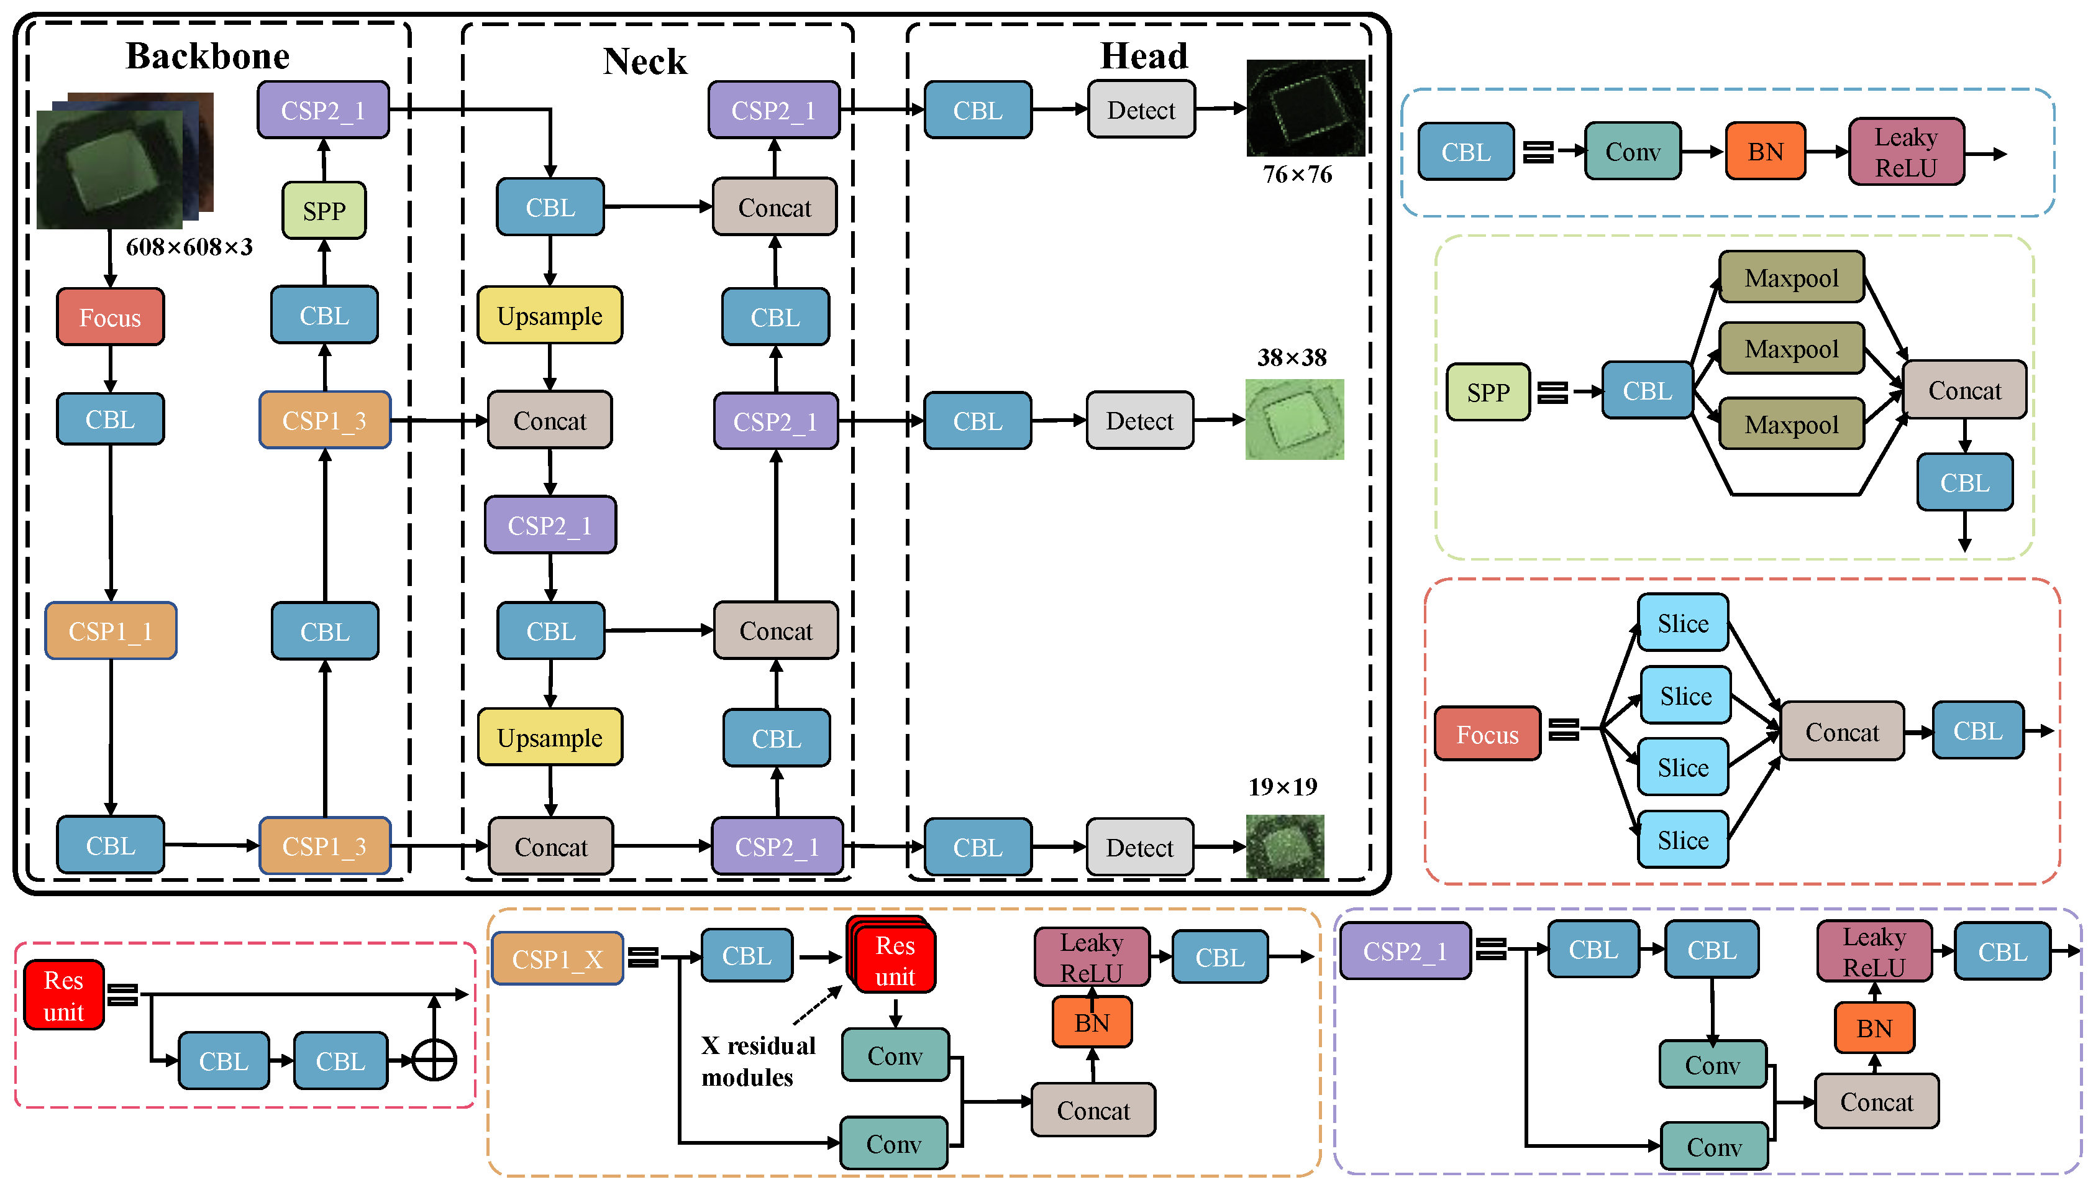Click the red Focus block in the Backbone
pyautogui.click(x=110, y=317)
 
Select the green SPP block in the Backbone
pyautogui.click(x=324, y=211)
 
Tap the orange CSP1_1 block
pyautogui.click(x=111, y=631)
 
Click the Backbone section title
pyautogui.click(x=208, y=57)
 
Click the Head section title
pyautogui.click(x=1144, y=57)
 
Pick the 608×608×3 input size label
pyautogui.click(x=189, y=247)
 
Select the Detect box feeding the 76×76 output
pyautogui.click(x=1141, y=110)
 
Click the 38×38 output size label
pyautogui.click(x=1292, y=357)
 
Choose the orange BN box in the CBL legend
pyautogui.click(x=1766, y=152)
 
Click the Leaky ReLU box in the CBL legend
pyautogui.click(x=1905, y=152)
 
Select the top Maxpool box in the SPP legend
pyautogui.click(x=1791, y=278)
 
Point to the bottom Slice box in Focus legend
pyautogui.click(x=1683, y=840)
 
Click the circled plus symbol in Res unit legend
pyautogui.click(x=434, y=1061)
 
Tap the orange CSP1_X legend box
pyautogui.click(x=557, y=959)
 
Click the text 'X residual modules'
pyautogui.click(x=758, y=1061)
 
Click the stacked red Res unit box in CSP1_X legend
pyautogui.click(x=894, y=960)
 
